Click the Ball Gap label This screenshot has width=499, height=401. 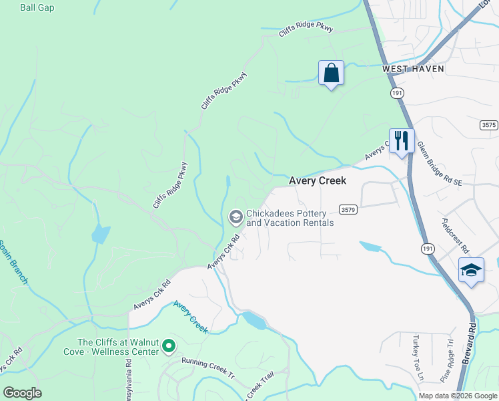click(37, 7)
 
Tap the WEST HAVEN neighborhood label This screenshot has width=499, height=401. click(413, 69)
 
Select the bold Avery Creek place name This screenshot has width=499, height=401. click(318, 181)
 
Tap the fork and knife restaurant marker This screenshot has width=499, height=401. click(402, 141)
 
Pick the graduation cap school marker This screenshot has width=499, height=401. click(471, 271)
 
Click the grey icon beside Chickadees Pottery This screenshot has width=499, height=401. click(235, 217)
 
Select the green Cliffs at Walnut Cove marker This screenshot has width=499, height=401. click(169, 346)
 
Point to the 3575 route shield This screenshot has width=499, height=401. click(489, 125)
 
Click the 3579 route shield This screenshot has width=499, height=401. click(348, 209)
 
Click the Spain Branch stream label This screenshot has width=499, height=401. click(13, 261)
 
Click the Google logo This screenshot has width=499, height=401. click(22, 393)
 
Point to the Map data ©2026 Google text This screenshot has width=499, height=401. click(457, 396)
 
